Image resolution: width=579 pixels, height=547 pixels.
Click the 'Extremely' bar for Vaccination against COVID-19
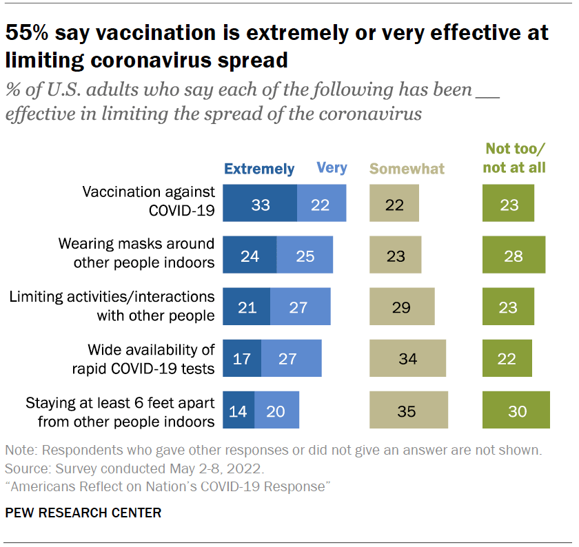(x=261, y=204)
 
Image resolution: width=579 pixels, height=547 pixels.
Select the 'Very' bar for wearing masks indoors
(x=305, y=256)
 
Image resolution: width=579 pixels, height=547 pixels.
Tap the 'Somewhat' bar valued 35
(x=409, y=411)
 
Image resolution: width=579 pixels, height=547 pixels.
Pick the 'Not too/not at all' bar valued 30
(x=516, y=411)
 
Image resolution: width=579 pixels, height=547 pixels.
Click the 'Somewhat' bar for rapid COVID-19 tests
(x=407, y=359)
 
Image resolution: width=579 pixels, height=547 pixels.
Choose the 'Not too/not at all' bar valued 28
(x=514, y=256)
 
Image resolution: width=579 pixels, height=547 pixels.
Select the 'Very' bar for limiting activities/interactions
(x=300, y=307)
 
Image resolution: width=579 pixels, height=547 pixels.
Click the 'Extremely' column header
(x=259, y=169)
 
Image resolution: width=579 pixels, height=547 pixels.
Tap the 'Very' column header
(x=332, y=168)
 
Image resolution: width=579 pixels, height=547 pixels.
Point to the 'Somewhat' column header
(x=407, y=169)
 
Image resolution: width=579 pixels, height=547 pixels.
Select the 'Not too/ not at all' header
(x=514, y=158)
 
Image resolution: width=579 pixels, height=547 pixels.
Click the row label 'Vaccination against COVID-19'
(x=148, y=200)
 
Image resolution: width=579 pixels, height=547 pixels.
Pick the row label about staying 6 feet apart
(x=120, y=411)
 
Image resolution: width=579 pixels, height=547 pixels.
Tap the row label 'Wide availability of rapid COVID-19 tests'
(x=143, y=359)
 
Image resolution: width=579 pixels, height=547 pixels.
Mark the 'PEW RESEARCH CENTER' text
(x=83, y=513)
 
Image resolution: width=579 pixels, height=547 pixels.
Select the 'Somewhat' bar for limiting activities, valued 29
(x=403, y=307)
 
